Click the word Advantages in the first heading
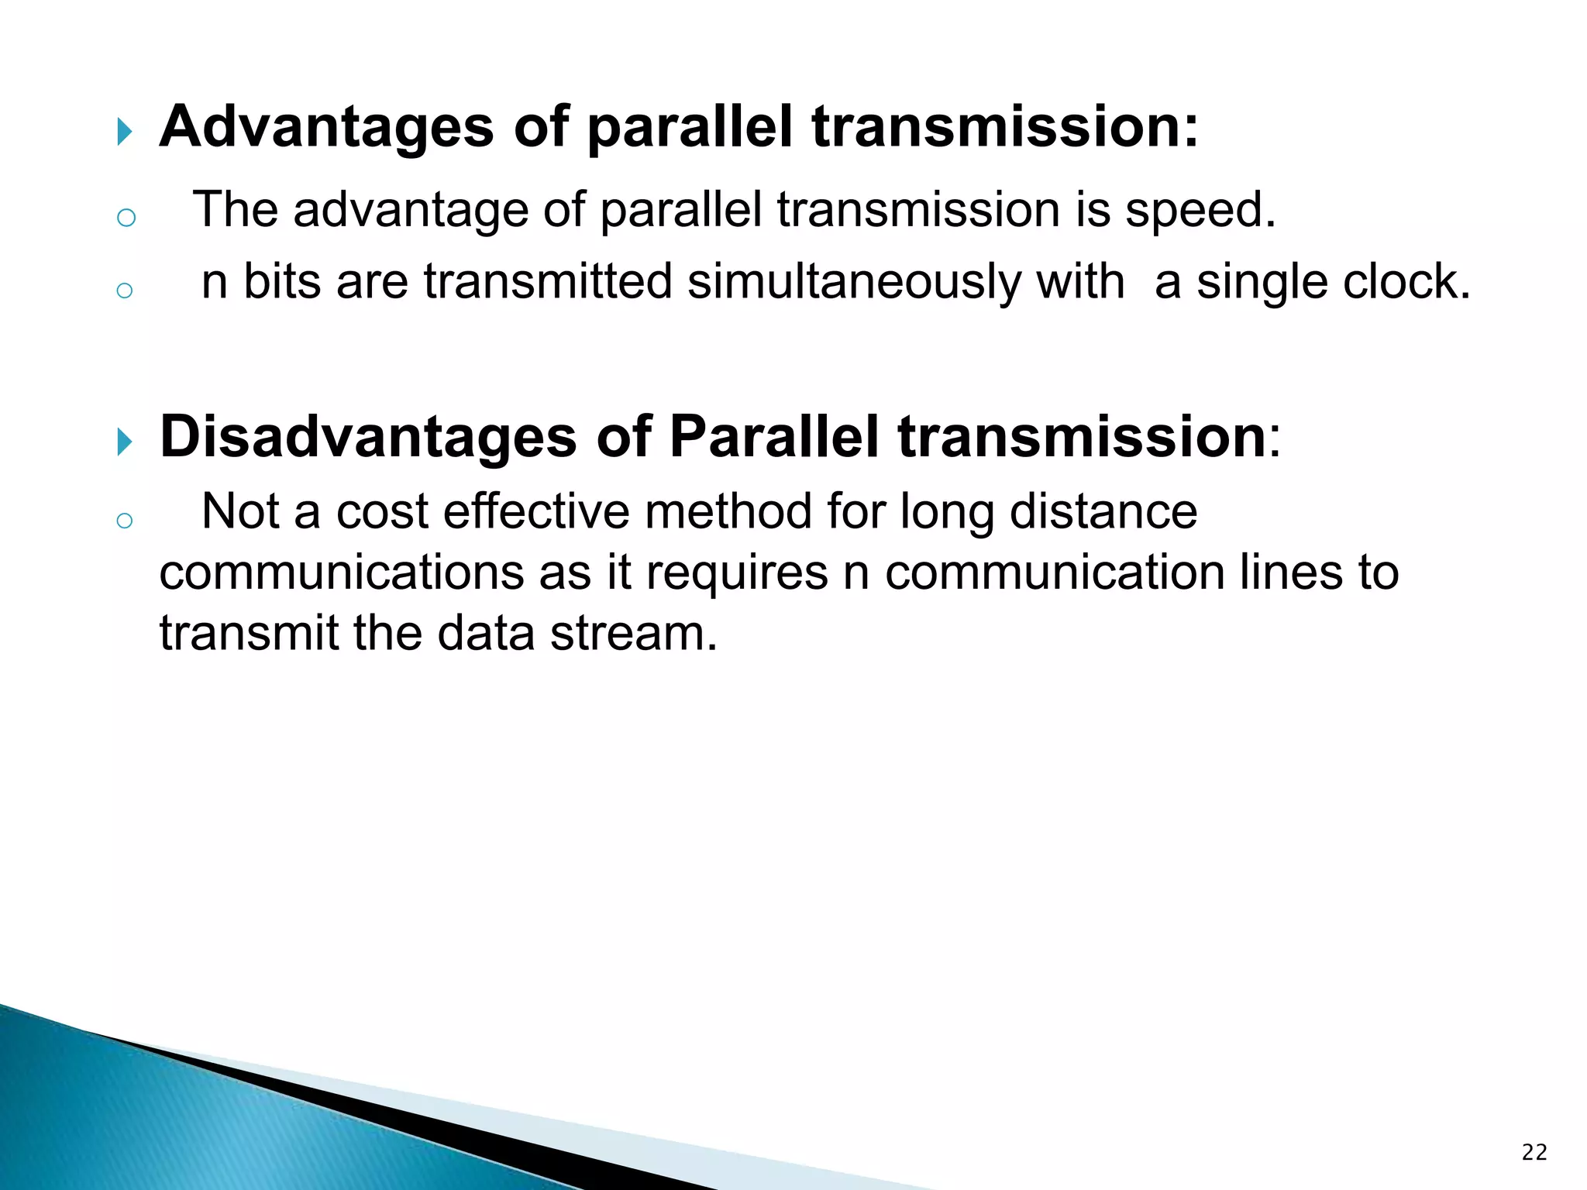pyautogui.click(x=326, y=128)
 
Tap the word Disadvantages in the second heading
pyautogui.click(x=368, y=438)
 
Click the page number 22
pyautogui.click(x=1534, y=1153)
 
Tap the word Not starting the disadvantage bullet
pyautogui.click(x=239, y=513)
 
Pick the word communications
pyautogui.click(x=341, y=573)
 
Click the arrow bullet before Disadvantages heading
pyautogui.click(x=125, y=442)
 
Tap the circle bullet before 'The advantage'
pyautogui.click(x=126, y=218)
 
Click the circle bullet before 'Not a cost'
pyautogui.click(x=124, y=521)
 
